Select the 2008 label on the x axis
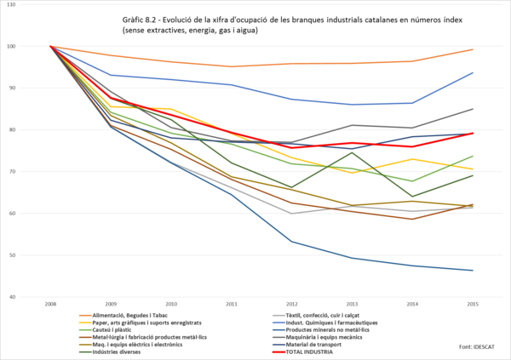51,303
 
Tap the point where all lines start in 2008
51,46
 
